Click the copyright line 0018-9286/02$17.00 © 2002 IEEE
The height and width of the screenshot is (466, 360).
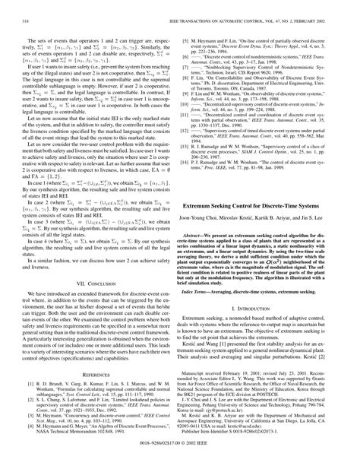point(180,460)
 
